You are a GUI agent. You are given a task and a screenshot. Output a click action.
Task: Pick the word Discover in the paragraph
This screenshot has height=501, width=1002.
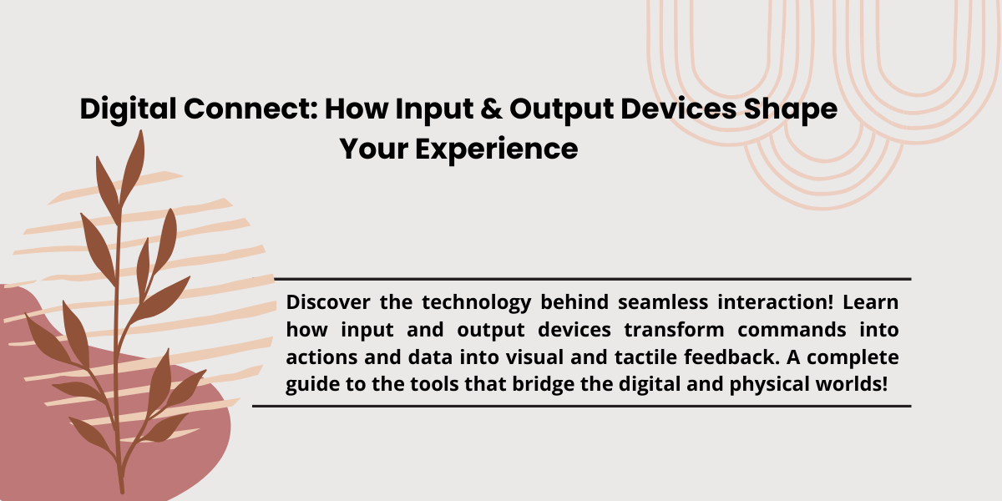(x=324, y=302)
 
